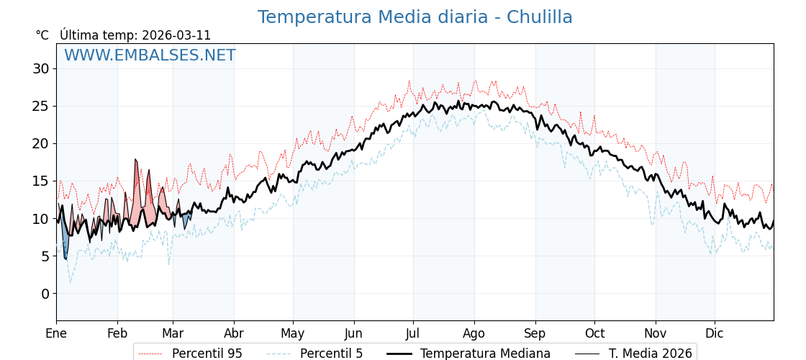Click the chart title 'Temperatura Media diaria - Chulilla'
(415, 17)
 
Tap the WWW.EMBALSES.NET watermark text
(150, 55)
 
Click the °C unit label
(42, 35)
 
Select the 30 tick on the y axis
(40, 68)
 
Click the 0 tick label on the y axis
(45, 294)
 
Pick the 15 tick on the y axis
(40, 181)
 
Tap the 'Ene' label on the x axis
(56, 333)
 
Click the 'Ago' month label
(474, 333)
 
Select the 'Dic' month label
(715, 333)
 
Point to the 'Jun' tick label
(353, 333)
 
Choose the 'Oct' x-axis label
(594, 333)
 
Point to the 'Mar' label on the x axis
(173, 333)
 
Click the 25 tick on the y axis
(40, 106)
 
